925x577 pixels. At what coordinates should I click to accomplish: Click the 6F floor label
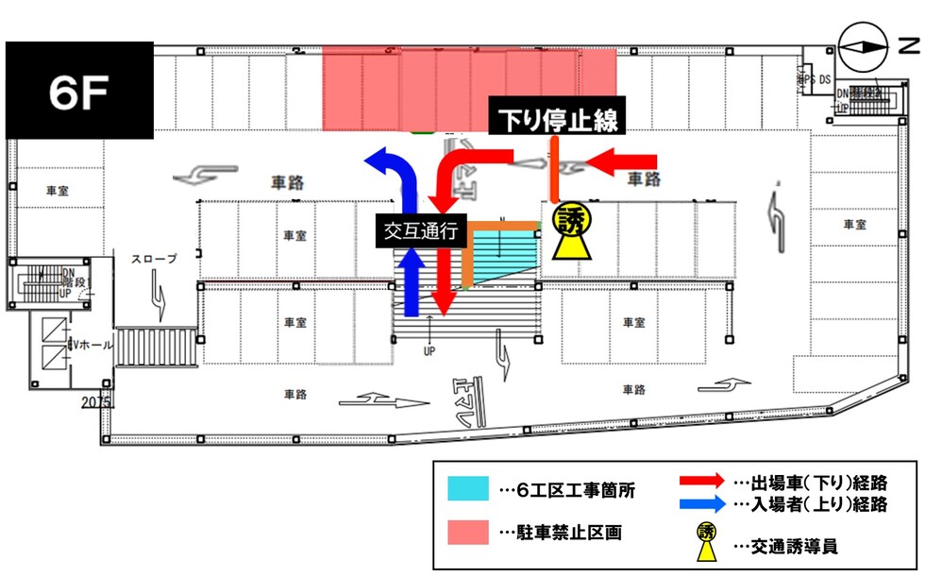80,91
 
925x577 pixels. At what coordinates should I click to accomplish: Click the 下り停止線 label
557,120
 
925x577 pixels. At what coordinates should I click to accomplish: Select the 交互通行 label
422,229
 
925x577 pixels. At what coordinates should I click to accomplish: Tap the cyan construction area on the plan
500,253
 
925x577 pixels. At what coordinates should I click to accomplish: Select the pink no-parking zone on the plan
469,90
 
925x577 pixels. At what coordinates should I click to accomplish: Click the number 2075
95,402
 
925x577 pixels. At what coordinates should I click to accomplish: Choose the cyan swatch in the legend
468,489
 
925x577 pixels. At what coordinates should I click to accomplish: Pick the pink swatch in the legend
468,530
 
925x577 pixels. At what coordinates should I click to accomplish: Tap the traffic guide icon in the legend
706,540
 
